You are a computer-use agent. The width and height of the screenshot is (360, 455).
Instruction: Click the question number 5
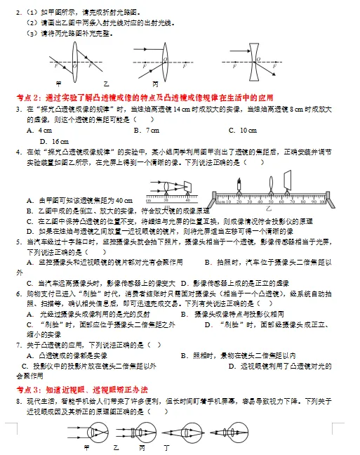click(x=19, y=241)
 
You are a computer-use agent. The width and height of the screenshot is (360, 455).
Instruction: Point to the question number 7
click(x=19, y=345)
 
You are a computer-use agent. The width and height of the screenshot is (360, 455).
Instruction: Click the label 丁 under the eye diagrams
click(x=166, y=447)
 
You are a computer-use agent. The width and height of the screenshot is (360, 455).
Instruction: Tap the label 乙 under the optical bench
click(x=268, y=209)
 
